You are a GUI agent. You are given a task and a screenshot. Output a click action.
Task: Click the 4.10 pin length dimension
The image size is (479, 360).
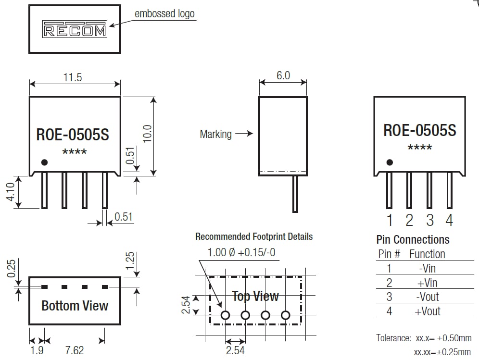(11, 192)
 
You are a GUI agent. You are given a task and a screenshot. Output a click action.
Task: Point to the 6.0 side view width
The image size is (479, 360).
(283, 75)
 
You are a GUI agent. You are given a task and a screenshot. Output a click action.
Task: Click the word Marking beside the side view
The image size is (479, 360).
(215, 134)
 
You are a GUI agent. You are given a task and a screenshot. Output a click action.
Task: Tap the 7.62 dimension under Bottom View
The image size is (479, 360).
(74, 350)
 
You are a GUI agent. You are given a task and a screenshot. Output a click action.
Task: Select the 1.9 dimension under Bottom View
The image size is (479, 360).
(37, 350)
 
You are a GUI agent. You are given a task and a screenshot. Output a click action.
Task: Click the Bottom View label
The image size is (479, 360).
(75, 306)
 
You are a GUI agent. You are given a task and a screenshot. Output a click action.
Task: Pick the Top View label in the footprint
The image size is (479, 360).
(255, 296)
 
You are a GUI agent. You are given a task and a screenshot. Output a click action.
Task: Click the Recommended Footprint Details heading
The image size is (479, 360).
(254, 236)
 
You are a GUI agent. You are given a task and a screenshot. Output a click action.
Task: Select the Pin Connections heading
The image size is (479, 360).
(413, 239)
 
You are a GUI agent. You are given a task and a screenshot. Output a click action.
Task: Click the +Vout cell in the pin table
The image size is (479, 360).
(427, 311)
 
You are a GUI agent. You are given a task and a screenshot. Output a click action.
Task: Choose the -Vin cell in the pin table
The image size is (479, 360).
(427, 268)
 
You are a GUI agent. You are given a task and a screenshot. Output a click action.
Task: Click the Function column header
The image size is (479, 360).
(427, 254)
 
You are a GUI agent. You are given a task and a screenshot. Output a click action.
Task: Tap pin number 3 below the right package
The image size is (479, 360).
(429, 221)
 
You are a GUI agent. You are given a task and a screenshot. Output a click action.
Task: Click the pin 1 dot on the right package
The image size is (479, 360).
(390, 162)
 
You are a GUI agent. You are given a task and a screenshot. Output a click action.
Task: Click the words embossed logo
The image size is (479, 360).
(164, 13)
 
